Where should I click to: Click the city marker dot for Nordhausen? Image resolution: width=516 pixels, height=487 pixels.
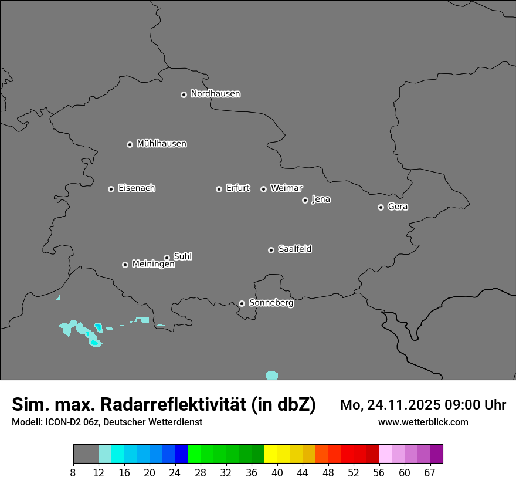(184, 94)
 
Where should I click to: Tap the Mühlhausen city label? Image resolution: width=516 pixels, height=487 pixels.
(162, 144)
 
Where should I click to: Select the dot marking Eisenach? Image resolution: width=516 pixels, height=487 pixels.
(111, 189)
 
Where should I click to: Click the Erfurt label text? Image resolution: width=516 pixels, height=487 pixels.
(238, 188)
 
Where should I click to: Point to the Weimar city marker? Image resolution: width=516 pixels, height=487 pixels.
(264, 189)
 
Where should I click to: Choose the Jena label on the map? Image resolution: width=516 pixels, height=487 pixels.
(321, 199)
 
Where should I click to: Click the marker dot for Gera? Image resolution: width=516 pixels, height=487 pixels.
(381, 207)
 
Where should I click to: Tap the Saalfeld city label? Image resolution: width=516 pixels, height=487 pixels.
(295, 249)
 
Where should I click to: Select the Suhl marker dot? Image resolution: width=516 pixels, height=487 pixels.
(167, 258)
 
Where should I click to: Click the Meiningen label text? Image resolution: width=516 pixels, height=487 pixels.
(154, 265)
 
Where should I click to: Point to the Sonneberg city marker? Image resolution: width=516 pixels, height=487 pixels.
(242, 303)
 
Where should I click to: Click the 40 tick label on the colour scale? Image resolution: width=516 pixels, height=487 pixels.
(277, 473)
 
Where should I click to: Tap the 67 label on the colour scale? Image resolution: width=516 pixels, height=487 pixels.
(430, 473)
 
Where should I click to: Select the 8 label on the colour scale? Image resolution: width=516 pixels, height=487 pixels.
(73, 473)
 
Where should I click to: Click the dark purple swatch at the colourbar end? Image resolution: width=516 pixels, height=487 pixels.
(437, 454)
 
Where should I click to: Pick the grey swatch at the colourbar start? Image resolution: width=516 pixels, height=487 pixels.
(86, 454)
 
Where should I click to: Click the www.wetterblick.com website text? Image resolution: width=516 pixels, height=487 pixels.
(423, 422)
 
